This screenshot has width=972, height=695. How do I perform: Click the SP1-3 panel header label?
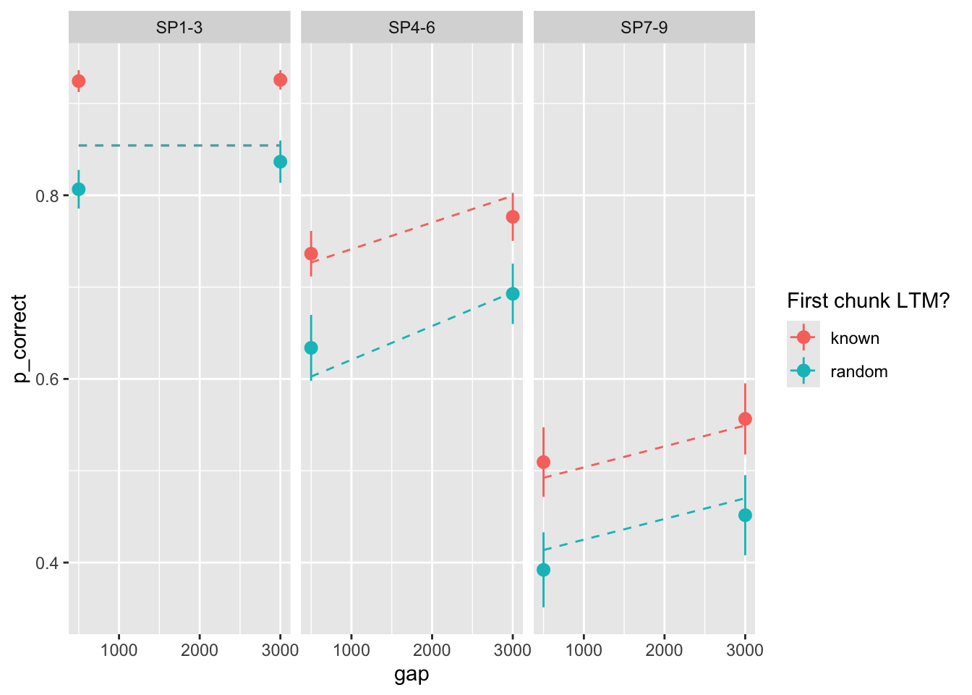point(179,28)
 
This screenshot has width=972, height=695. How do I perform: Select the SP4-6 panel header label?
point(412,28)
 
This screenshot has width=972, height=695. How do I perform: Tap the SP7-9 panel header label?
point(644,28)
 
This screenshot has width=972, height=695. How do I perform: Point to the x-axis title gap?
point(412,675)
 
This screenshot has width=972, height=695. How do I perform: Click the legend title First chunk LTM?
point(868,300)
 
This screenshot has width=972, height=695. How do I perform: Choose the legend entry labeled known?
point(855,338)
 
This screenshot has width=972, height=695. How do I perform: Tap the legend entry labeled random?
point(858,371)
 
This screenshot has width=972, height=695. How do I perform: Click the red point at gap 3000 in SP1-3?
point(281,80)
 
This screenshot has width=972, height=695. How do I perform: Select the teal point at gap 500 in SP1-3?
point(79,189)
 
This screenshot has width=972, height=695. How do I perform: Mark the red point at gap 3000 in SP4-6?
point(513,216)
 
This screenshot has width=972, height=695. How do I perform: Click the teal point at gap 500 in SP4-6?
point(311,347)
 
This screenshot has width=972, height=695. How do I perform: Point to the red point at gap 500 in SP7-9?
point(543,462)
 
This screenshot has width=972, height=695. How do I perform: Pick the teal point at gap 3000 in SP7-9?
point(745,515)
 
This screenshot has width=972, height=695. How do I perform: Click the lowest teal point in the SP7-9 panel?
point(543,570)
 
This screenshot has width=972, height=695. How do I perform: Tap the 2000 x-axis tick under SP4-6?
point(432,649)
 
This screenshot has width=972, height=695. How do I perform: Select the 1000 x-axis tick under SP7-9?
point(584,649)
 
